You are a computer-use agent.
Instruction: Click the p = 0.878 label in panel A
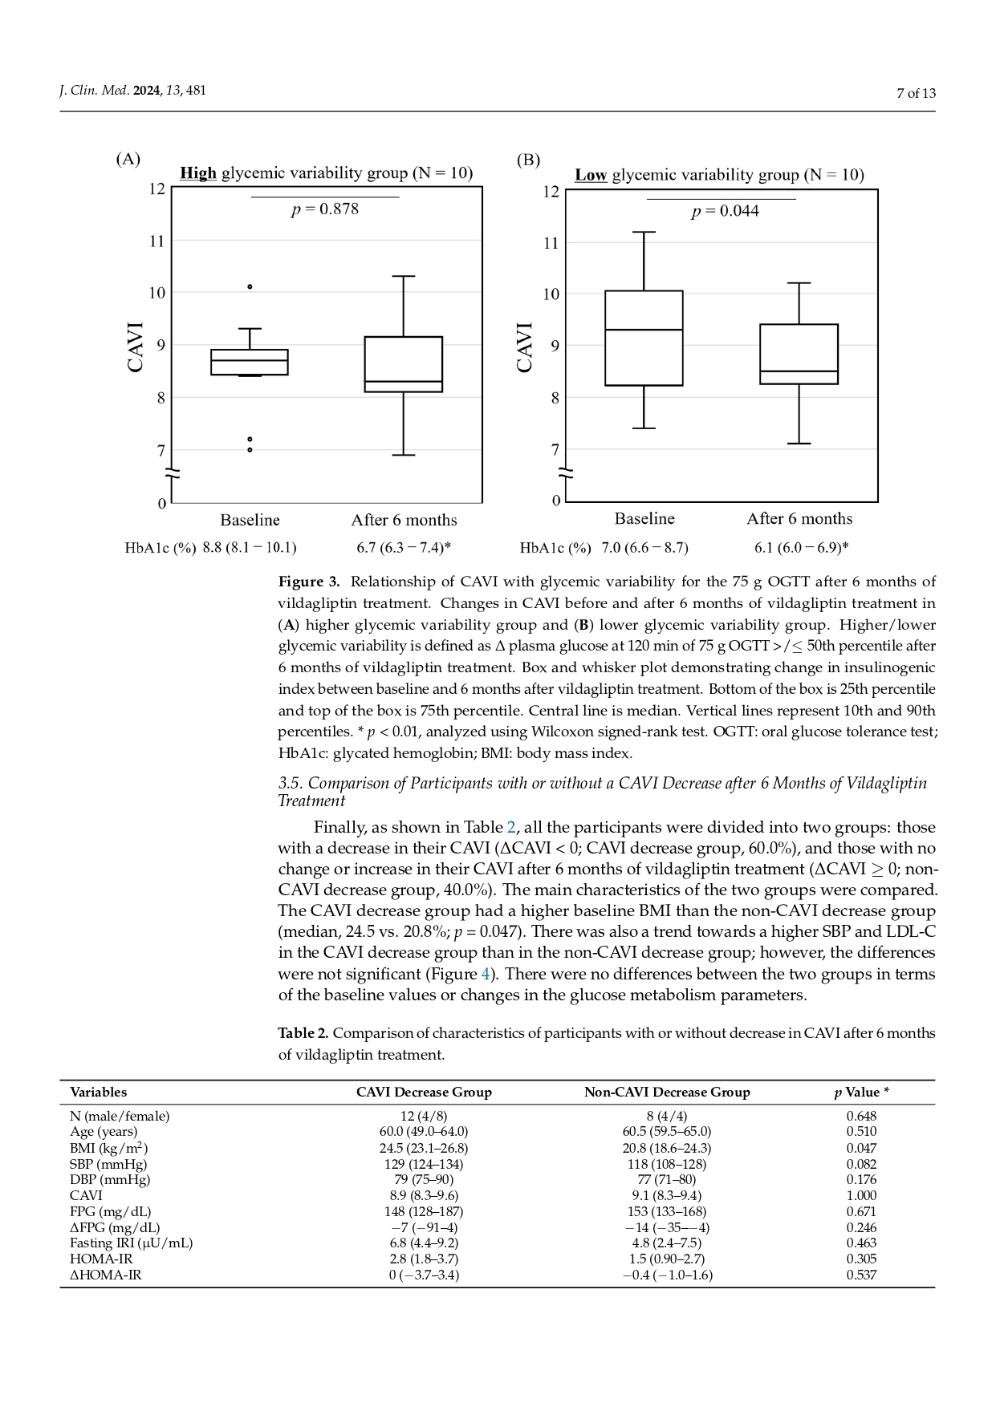tap(324, 209)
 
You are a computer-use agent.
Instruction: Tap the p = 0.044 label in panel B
tap(725, 211)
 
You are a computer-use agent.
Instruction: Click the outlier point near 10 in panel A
tap(250, 286)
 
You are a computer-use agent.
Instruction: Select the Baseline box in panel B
tap(644, 338)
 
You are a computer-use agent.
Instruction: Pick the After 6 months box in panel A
tap(403, 364)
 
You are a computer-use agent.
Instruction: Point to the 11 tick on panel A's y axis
tap(157, 241)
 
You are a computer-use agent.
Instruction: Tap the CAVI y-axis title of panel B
tap(525, 347)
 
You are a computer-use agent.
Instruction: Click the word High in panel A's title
tap(198, 173)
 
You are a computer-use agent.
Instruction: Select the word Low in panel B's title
tap(591, 175)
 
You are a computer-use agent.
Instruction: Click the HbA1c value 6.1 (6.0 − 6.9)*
tap(801, 548)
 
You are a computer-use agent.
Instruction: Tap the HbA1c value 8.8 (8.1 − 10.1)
tap(249, 548)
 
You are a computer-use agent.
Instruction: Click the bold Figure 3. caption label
tap(309, 582)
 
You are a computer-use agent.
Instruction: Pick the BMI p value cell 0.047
tap(861, 1148)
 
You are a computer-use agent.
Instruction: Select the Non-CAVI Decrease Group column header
tap(667, 1092)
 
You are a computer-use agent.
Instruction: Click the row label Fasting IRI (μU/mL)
tap(131, 1243)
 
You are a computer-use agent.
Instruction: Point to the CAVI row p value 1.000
tap(861, 1195)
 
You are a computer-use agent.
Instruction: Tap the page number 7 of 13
tap(916, 93)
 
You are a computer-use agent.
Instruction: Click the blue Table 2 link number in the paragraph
tap(510, 827)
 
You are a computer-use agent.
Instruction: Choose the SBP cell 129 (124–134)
tap(424, 1164)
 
